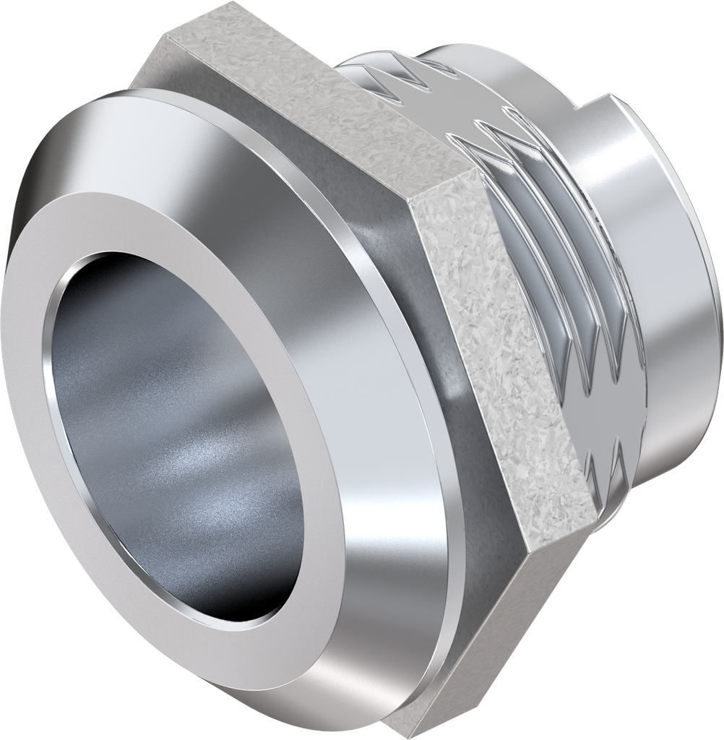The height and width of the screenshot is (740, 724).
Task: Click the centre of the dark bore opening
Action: coord(177,441)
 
